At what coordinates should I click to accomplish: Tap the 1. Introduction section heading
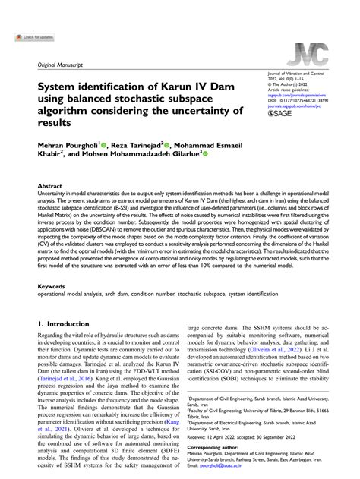(x=64, y=323)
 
